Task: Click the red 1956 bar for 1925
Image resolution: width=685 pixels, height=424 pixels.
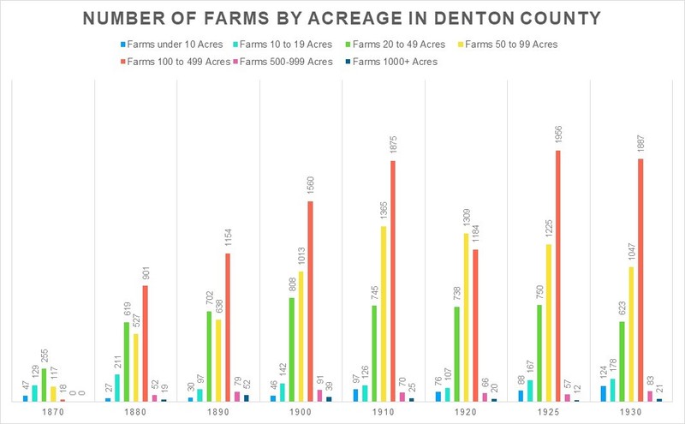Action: (558, 276)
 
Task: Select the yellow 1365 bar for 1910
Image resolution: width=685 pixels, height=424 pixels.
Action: (384, 314)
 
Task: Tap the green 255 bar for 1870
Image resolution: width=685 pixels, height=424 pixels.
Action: (44, 385)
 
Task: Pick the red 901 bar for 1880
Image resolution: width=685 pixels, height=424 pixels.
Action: (145, 343)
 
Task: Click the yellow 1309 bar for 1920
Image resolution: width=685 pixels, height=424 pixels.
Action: (466, 317)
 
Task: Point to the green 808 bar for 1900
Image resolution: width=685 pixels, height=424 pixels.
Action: (292, 349)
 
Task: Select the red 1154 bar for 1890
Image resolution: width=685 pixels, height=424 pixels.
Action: (228, 327)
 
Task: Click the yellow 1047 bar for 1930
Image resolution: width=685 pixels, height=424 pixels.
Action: (631, 334)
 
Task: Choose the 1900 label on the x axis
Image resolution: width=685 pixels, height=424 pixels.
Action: (301, 412)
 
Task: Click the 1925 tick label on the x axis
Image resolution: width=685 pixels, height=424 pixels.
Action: (548, 412)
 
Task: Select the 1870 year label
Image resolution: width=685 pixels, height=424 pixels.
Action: (53, 412)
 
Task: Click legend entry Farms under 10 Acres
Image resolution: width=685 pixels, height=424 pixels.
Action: (172, 45)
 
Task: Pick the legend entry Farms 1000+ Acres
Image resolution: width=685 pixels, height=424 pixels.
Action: (391, 62)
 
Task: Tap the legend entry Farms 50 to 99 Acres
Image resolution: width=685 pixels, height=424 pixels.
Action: (508, 45)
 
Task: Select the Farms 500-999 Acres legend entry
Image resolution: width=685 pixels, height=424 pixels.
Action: (283, 62)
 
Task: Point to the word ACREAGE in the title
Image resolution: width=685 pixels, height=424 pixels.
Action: (354, 18)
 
